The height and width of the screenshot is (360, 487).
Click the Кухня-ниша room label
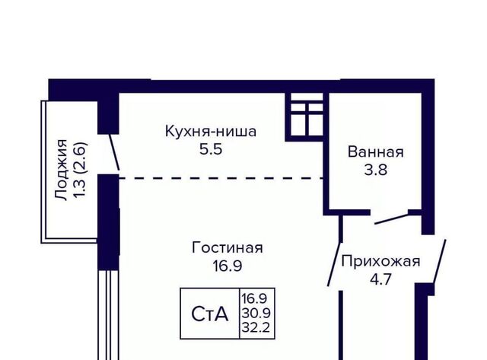click(211, 131)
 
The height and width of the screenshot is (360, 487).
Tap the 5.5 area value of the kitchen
click(211, 149)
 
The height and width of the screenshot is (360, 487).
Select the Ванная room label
click(375, 152)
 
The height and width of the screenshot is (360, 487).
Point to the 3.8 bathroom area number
click(375, 170)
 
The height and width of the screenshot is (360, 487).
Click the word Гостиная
click(228, 248)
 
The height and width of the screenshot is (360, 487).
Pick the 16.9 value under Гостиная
click(228, 266)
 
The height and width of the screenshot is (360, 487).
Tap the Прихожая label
click(380, 262)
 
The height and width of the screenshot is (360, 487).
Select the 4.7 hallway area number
click(380, 279)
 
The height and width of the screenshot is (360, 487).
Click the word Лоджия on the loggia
click(61, 170)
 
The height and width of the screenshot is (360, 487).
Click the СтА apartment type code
click(210, 314)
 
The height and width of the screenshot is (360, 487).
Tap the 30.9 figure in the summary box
click(256, 313)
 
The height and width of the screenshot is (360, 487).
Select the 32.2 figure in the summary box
click(256, 327)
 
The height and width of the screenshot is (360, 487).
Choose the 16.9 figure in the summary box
click(255, 299)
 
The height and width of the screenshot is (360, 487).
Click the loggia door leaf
click(114, 152)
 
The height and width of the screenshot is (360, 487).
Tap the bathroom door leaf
click(391, 218)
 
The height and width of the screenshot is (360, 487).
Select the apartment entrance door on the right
click(440, 261)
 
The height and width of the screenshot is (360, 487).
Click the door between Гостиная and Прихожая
click(334, 264)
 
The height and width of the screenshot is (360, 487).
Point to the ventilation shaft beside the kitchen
click(304, 116)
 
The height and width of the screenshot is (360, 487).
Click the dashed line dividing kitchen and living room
click(221, 178)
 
